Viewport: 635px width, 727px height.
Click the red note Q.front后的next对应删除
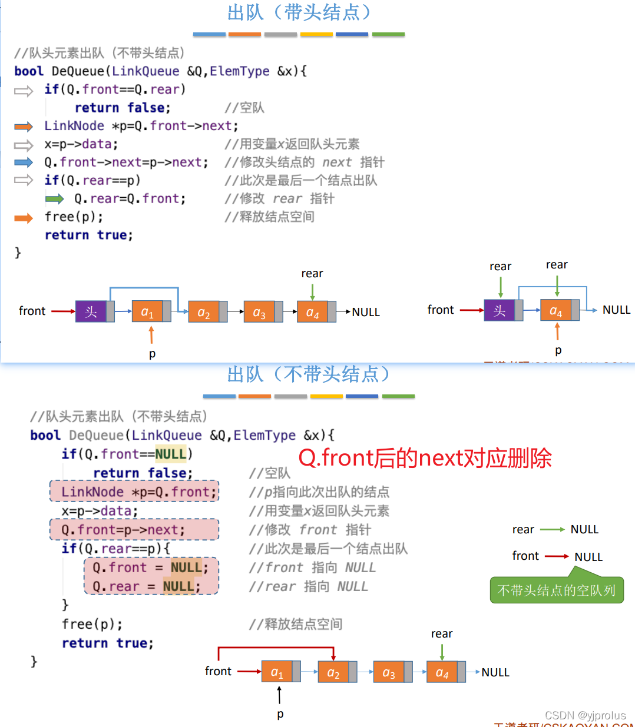tap(425, 458)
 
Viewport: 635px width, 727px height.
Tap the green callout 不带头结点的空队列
tap(556, 590)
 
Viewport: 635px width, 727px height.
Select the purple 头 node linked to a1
tap(91, 311)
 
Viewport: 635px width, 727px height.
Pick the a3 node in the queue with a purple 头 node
tap(259, 312)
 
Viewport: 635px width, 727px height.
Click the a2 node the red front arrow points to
tap(333, 672)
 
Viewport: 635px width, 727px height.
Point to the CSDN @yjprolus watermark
tap(585, 715)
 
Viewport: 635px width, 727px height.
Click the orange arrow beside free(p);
tap(24, 218)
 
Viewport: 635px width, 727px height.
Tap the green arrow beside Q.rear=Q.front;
tap(55, 199)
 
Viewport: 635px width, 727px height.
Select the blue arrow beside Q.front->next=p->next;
tap(24, 162)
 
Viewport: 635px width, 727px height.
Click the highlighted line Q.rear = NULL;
tap(151, 586)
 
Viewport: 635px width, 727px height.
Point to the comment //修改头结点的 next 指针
tap(304, 162)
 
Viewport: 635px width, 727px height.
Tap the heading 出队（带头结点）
tap(299, 12)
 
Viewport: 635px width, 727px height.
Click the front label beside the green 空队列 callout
tap(525, 556)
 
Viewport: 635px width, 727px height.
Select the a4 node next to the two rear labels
tap(555, 310)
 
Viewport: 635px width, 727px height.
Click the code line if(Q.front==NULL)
tap(127, 454)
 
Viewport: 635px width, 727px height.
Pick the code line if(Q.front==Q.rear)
tap(115, 89)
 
